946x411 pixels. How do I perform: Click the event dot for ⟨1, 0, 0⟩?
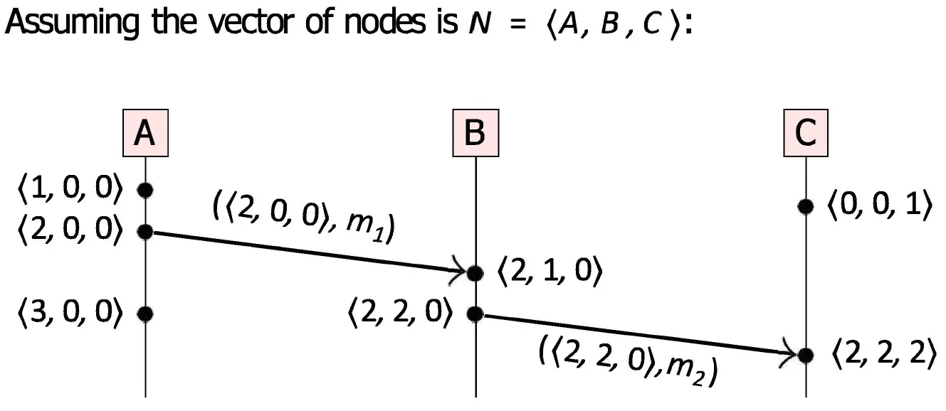pyautogui.click(x=145, y=190)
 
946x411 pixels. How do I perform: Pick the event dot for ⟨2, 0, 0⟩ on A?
pyautogui.click(x=145, y=231)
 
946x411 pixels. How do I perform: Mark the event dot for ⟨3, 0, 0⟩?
pyautogui.click(x=145, y=313)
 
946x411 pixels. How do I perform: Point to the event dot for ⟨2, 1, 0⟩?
pyautogui.click(x=475, y=272)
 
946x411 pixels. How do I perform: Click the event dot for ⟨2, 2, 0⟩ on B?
pyautogui.click(x=475, y=313)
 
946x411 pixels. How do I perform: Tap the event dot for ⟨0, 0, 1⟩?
pyautogui.click(x=805, y=206)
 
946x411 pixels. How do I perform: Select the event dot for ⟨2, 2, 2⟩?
pyautogui.click(x=805, y=354)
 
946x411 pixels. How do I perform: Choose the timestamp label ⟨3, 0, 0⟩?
pyautogui.click(x=71, y=313)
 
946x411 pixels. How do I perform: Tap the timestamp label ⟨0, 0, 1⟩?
pyautogui.click(x=879, y=206)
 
